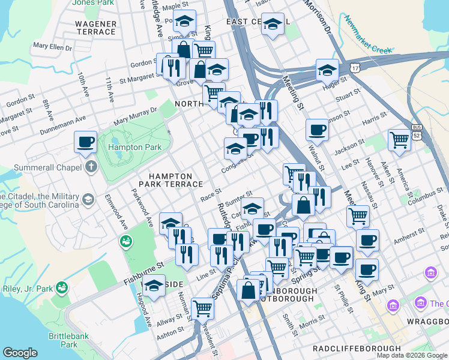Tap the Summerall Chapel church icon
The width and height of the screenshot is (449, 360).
tap(91, 166)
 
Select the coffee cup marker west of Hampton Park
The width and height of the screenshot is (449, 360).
tap(86, 142)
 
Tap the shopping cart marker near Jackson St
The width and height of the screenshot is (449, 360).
tap(399, 140)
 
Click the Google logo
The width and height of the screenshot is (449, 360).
tap(20, 353)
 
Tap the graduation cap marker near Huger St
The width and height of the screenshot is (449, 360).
tap(327, 70)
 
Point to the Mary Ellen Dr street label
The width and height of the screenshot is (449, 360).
tap(52, 46)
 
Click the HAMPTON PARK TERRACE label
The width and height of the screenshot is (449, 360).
tap(165, 180)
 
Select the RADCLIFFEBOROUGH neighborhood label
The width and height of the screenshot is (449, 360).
tap(357, 349)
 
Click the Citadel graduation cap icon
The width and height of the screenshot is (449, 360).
tap(88, 199)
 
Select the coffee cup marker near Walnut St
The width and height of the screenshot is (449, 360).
tap(316, 129)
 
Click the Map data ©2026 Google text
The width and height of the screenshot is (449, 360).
tap(412, 355)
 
